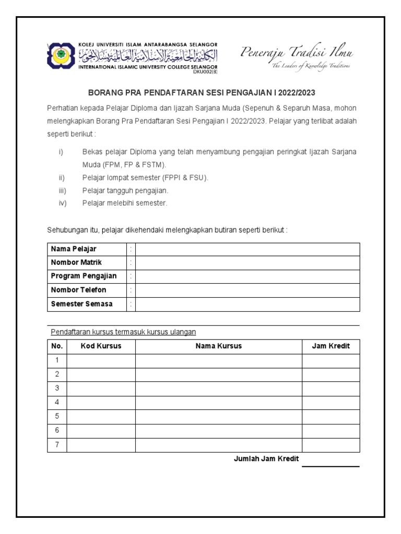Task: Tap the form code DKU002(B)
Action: point(205,71)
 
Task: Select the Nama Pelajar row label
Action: point(73,249)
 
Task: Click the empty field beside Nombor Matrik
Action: point(247,262)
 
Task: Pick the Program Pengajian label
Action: point(84,276)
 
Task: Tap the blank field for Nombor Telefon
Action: point(247,290)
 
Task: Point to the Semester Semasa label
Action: point(81,304)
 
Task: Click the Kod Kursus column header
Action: point(101,346)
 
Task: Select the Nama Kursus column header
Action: point(218,346)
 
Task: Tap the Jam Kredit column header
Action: point(331,346)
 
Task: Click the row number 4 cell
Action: point(57,403)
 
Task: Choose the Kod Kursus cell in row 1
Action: point(101,360)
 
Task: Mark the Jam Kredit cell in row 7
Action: point(331,445)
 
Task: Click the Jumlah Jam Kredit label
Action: point(266,459)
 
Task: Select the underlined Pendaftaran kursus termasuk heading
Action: point(123,332)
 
